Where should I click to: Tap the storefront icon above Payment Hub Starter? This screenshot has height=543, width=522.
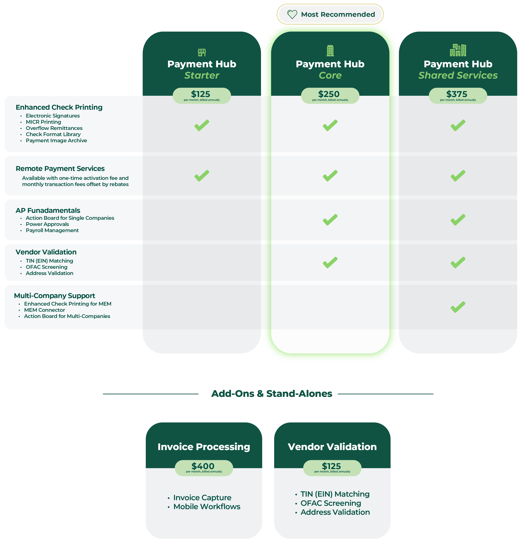point(202,52)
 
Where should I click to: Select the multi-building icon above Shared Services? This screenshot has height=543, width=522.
point(458,50)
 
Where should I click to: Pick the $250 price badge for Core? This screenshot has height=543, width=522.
point(330,95)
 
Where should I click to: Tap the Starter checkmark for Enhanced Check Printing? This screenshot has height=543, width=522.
point(202,125)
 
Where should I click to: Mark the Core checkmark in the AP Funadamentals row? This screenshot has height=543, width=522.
point(330,220)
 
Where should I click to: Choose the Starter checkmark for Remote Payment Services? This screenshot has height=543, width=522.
point(202,176)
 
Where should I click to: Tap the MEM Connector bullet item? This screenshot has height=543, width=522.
point(44,310)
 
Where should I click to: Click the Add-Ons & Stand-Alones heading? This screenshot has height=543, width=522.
point(272,394)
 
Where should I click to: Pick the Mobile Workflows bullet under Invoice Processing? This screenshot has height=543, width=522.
point(207,507)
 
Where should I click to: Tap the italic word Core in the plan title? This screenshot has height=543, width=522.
point(330,75)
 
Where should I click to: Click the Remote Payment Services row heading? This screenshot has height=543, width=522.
point(60,168)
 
